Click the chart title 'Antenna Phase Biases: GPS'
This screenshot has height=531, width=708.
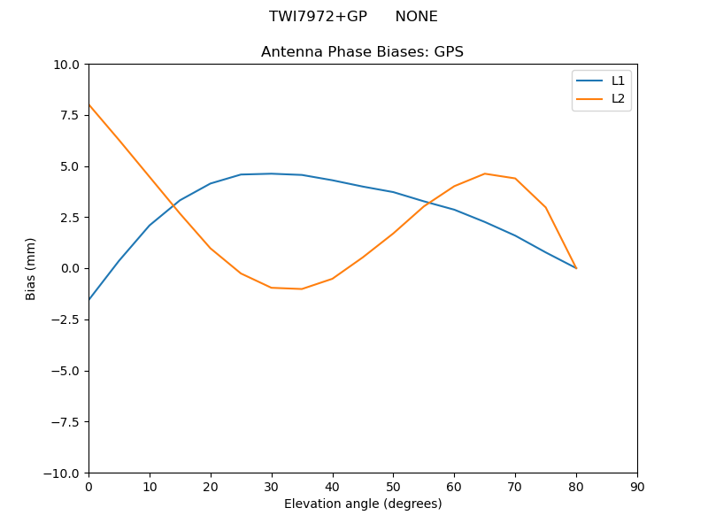tap(362, 52)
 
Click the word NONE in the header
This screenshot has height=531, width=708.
tap(416, 17)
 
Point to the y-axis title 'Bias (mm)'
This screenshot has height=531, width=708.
tap(31, 268)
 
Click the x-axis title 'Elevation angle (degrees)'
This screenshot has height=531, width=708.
tap(363, 504)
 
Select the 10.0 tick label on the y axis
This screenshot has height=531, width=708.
tap(66, 65)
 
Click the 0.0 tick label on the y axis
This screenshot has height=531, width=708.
tap(69, 268)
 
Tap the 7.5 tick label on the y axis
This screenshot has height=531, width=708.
tap(69, 115)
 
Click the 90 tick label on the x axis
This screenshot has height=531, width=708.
tap(637, 486)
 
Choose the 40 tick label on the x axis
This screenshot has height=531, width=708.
tap(333, 486)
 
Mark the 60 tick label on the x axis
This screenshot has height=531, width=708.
tap(454, 486)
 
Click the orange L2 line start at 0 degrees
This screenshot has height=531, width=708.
tap(88, 104)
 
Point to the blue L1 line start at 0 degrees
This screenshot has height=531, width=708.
tap(88, 300)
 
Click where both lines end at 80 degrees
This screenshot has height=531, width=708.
tap(576, 268)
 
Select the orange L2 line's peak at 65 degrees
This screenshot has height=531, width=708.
tap(485, 173)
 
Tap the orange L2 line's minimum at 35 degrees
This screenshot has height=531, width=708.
tap(302, 289)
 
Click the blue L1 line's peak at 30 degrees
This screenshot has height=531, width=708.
tap(272, 173)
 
